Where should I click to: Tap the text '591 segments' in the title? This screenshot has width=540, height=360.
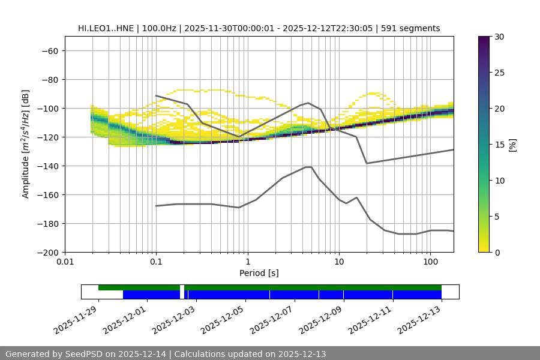(415, 28)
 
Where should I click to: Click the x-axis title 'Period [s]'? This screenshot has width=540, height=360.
(259, 273)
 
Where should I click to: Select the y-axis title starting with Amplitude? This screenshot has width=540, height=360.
(26, 144)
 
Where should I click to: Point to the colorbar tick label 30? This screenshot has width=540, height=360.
(499, 37)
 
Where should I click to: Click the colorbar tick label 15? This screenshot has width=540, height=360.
(499, 145)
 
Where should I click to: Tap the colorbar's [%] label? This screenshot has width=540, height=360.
(512, 145)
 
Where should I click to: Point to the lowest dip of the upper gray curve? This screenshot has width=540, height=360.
(367, 163)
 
